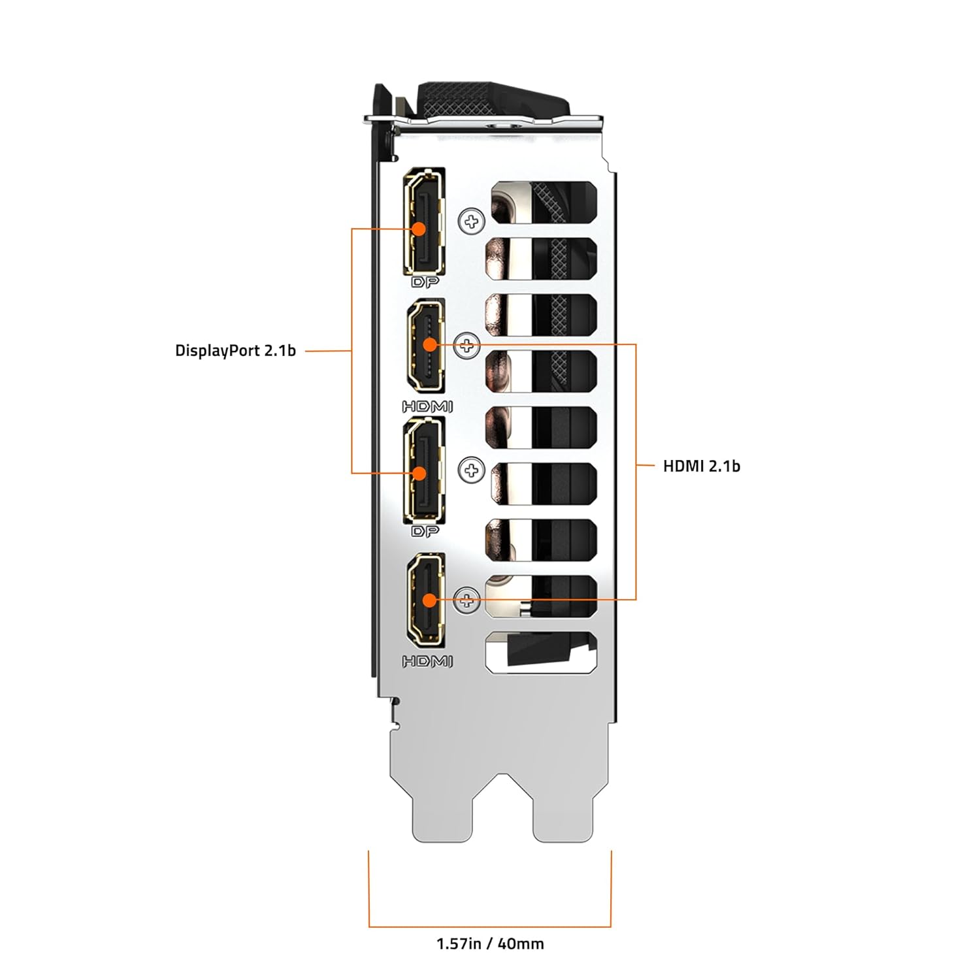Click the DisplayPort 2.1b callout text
tap(235, 351)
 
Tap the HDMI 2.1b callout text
tap(701, 466)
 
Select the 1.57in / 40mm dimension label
tap(490, 943)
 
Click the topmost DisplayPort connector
tap(425, 222)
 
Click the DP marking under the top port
tap(425, 283)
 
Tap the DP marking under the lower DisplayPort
tap(425, 532)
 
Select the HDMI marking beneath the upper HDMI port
tap(427, 407)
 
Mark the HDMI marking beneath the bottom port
tap(427, 661)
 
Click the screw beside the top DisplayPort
tap(471, 222)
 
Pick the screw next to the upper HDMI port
tap(466, 345)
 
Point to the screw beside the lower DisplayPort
tap(471, 470)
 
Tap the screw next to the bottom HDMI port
tap(466, 599)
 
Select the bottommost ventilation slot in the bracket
tap(542, 653)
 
